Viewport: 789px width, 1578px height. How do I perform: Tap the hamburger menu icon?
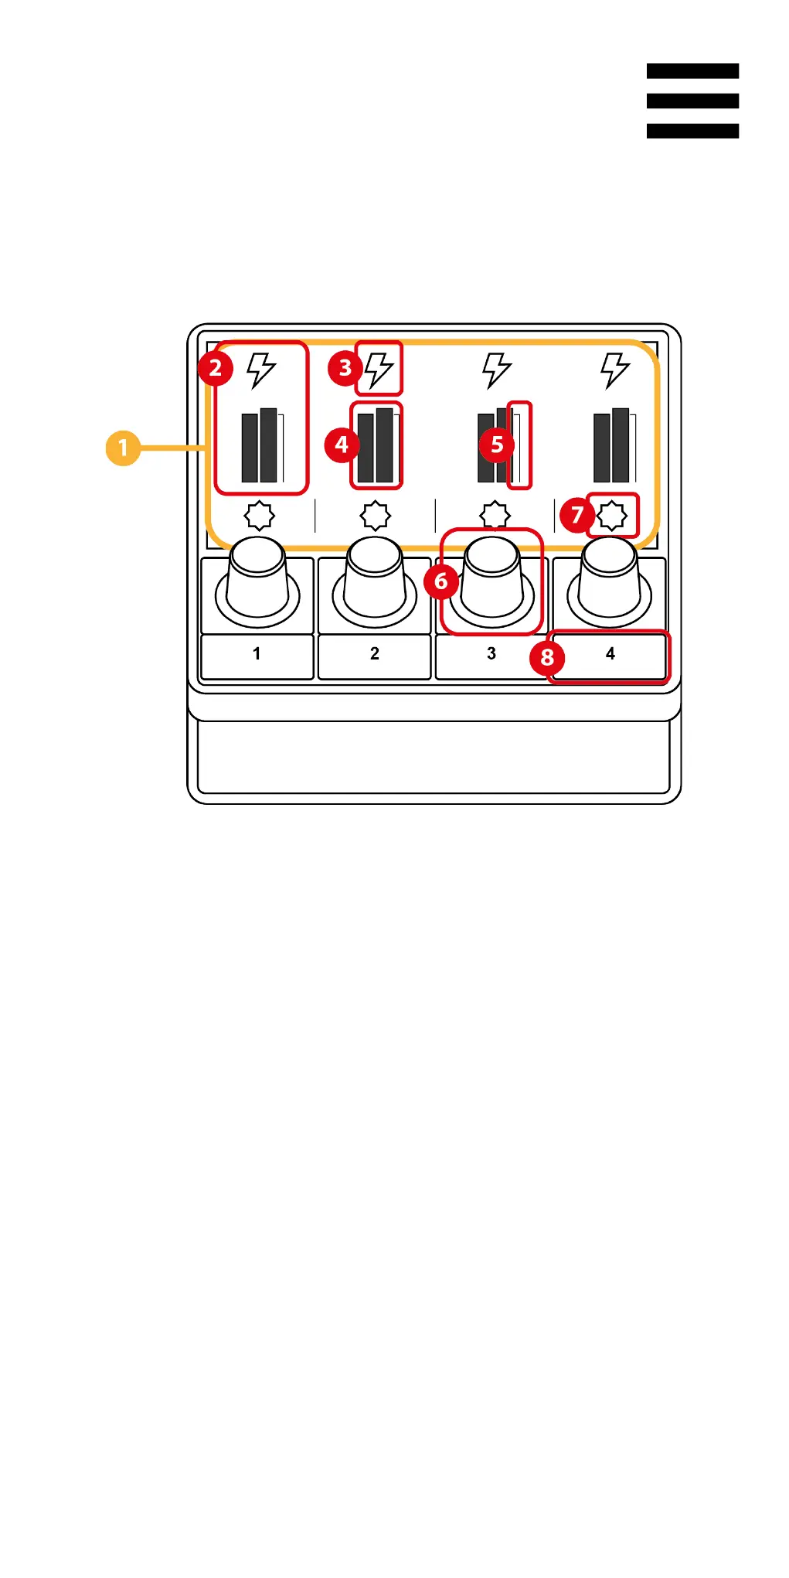coord(692,101)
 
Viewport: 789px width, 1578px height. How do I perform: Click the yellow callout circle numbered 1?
coord(123,448)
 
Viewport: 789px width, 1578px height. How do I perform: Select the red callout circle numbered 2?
coord(216,368)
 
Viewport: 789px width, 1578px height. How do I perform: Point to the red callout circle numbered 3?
coord(345,368)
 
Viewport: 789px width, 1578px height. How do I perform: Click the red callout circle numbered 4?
coord(342,445)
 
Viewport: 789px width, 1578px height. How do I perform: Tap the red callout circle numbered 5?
coord(497,445)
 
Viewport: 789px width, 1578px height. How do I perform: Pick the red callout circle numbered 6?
coord(441,581)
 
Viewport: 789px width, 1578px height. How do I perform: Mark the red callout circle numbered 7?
coord(577,514)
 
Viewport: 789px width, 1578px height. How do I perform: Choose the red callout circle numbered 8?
coord(547,657)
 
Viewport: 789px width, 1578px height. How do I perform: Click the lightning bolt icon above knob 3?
coord(496,370)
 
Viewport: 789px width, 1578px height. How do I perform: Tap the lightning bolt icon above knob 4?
coord(615,370)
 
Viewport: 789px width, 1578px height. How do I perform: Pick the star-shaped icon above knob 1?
coord(260,516)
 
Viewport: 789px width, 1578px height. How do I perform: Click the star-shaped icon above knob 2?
coord(376,516)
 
